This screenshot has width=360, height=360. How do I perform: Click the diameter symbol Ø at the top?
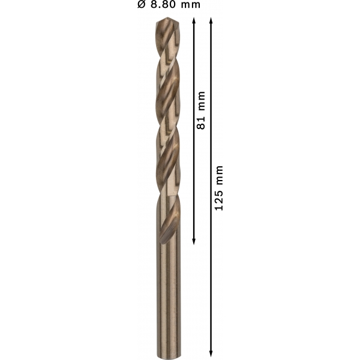[x=142, y=4]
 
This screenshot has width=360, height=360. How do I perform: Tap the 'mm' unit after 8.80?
[x=190, y=5]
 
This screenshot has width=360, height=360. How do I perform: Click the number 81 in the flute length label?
[x=201, y=123]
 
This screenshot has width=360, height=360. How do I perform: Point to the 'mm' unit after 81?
[x=201, y=101]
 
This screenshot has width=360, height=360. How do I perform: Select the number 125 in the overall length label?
[x=219, y=200]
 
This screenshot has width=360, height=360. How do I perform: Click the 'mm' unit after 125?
[x=219, y=175]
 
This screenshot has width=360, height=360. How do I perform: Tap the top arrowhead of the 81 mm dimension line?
[x=194, y=20]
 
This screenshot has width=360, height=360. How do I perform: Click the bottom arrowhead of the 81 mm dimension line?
[x=194, y=241]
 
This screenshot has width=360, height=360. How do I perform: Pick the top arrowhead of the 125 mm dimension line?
[x=211, y=20]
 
